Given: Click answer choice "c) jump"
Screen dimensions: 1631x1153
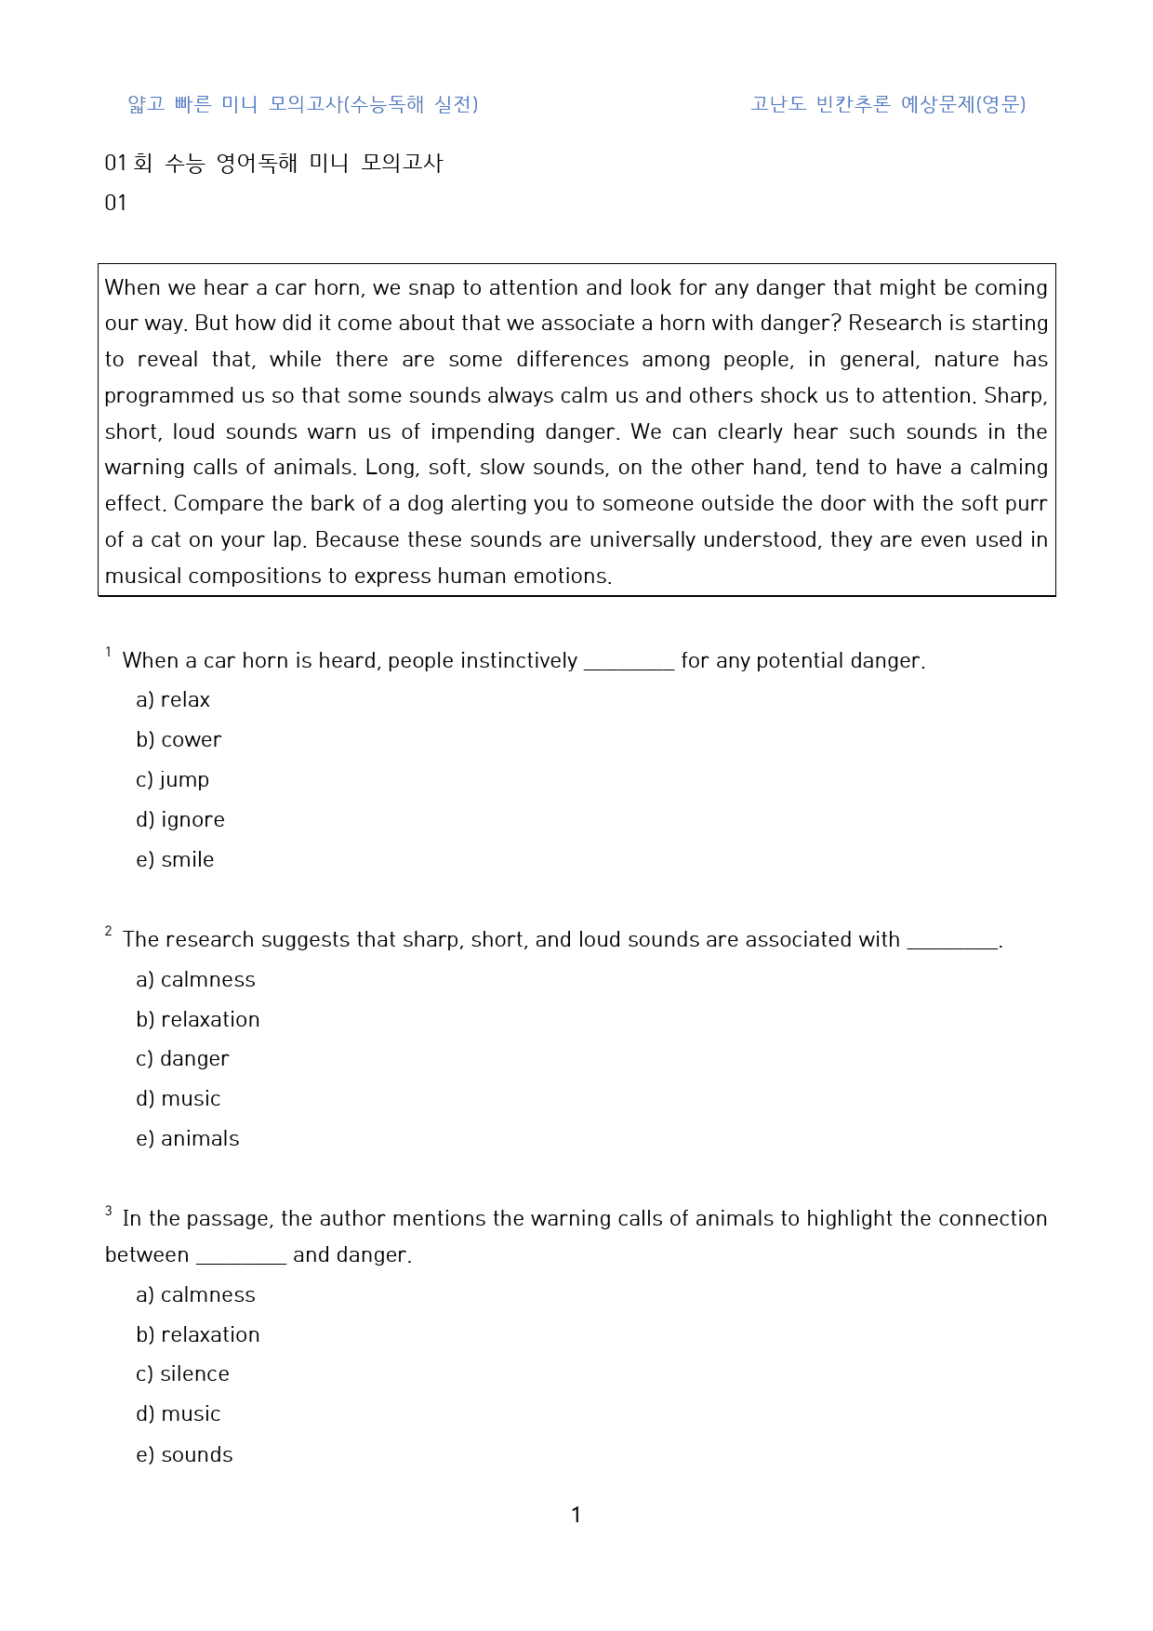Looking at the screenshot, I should click(x=172, y=779).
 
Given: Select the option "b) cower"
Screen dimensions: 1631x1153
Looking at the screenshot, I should click(x=179, y=739).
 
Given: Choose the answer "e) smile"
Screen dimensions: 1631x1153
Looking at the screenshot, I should click(x=175, y=859).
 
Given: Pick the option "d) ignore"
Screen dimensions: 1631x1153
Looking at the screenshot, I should click(x=180, y=819).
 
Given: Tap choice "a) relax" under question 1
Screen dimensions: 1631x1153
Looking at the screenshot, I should click(x=173, y=699).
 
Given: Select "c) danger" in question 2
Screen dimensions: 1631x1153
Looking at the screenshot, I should click(x=182, y=1058).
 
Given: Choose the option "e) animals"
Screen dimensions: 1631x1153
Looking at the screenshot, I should click(x=187, y=1138).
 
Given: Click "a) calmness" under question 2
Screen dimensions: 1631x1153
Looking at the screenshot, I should click(x=195, y=979).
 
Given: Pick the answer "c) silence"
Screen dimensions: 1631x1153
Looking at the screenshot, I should click(x=182, y=1373).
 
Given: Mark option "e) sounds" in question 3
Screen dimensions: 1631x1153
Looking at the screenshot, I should click(x=184, y=1454).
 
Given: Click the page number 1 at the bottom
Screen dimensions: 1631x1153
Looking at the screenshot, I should click(x=576, y=1515).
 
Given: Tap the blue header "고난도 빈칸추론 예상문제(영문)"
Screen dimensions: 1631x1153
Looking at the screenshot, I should click(x=888, y=104).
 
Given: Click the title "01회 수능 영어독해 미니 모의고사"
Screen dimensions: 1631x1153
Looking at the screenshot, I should click(x=273, y=163).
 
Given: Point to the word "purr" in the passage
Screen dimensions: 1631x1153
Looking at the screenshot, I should click(x=1027, y=504).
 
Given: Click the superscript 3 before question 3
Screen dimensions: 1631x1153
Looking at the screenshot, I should click(x=109, y=1211).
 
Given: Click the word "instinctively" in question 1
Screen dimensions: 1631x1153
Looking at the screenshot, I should click(x=519, y=660).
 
